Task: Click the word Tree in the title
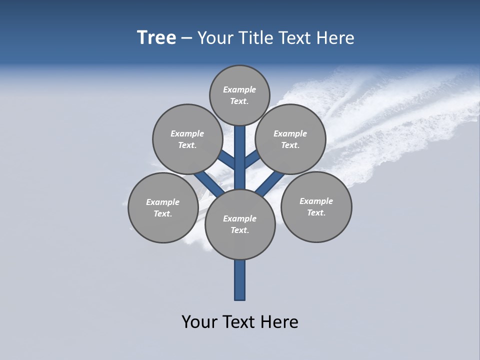tap(156, 37)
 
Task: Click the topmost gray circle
tap(239, 95)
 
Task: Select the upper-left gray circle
tap(187, 139)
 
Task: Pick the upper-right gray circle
tap(290, 139)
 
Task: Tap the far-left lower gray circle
tap(163, 207)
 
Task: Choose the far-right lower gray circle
tap(316, 207)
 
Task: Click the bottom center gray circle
tap(240, 224)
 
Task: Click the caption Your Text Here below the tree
tap(240, 322)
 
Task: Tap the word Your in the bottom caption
tap(199, 322)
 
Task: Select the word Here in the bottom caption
tap(279, 322)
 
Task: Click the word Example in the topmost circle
tap(239, 89)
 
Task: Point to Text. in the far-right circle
tap(316, 213)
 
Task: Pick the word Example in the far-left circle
tap(162, 202)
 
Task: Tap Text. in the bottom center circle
tap(239, 230)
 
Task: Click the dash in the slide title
tap(186, 38)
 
